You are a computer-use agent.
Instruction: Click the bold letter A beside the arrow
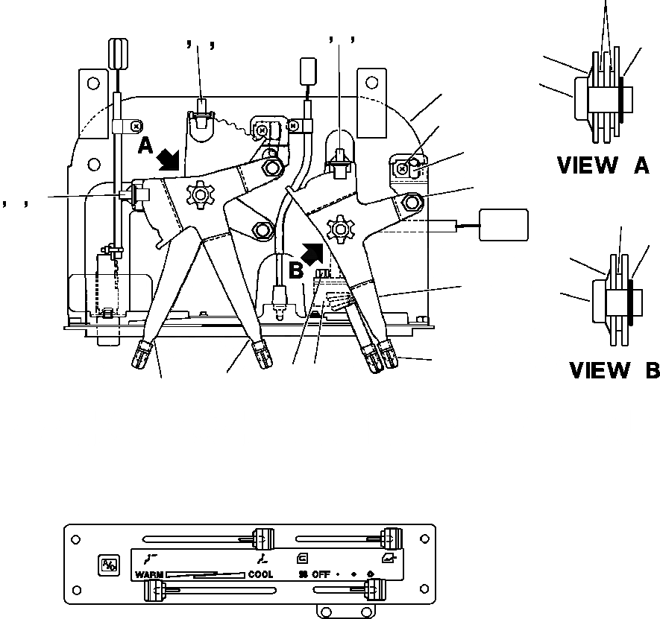pyautogui.click(x=146, y=146)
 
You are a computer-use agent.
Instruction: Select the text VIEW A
pyautogui.click(x=603, y=166)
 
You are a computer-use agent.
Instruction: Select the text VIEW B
pyautogui.click(x=614, y=369)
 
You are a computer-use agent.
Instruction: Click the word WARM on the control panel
pyautogui.click(x=149, y=575)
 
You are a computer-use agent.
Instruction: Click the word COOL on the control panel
pyautogui.click(x=260, y=575)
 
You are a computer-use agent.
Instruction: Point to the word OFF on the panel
pyautogui.click(x=320, y=575)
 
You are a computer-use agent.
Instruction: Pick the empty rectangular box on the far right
pyautogui.click(x=503, y=225)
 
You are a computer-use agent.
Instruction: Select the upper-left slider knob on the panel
pyautogui.click(x=262, y=538)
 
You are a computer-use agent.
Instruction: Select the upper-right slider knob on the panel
pyautogui.click(x=388, y=538)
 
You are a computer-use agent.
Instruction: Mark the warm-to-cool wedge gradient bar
pyautogui.click(x=205, y=574)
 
